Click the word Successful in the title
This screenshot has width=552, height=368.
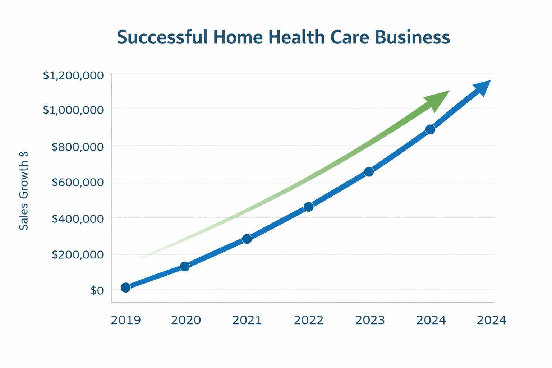162,37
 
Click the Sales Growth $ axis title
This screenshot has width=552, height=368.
24,191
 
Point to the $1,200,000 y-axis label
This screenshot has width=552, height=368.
73,75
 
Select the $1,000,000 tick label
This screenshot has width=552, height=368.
73,110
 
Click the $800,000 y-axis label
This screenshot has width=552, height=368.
78,147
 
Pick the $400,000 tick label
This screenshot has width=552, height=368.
78,218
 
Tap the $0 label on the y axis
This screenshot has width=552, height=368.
97,290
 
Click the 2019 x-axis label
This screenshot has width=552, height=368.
126,320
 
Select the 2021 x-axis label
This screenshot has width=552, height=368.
247,320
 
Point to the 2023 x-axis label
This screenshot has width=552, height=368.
370,320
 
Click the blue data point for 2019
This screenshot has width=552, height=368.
125,287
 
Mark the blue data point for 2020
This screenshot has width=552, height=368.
185,266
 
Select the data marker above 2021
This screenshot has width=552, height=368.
247,239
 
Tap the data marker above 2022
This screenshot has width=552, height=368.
308,207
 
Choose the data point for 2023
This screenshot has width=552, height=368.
369,172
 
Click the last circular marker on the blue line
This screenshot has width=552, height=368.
430,129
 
